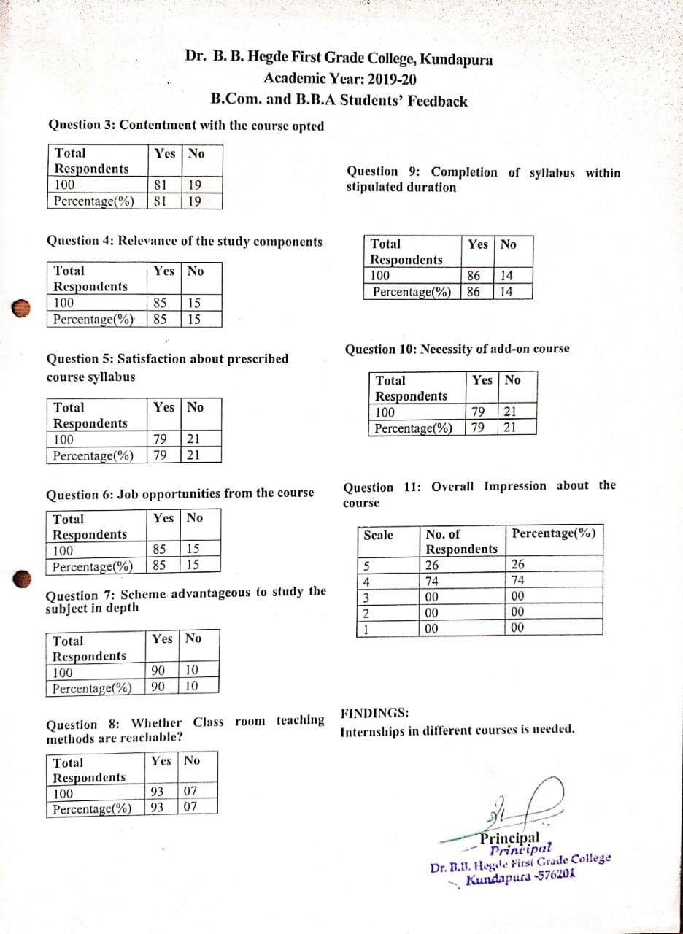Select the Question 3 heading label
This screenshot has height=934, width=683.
(81, 125)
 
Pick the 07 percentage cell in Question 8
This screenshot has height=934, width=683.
(190, 808)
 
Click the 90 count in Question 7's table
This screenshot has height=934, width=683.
(157, 671)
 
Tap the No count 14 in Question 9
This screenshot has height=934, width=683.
(506, 276)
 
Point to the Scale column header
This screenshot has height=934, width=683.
(378, 535)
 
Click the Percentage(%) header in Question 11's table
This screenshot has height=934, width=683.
(553, 533)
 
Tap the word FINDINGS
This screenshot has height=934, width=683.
(375, 713)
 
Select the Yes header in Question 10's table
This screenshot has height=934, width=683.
(482, 380)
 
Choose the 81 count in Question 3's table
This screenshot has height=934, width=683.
(161, 185)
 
